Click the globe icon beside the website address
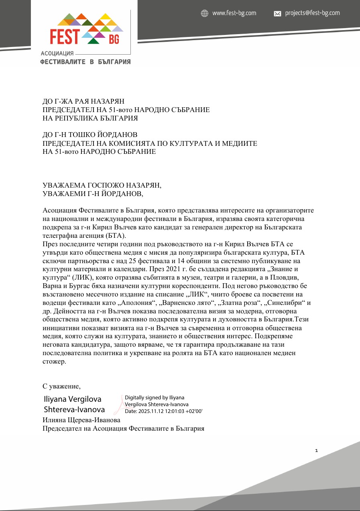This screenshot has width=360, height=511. pyautogui.click(x=205, y=13)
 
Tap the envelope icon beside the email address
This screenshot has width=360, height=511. pyautogui.click(x=277, y=14)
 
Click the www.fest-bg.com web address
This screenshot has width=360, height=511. pyautogui.click(x=234, y=13)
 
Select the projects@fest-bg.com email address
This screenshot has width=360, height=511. pyautogui.click(x=312, y=13)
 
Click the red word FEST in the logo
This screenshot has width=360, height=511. pyautogui.click(x=64, y=37)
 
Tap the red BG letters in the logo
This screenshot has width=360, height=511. pyautogui.click(x=114, y=39)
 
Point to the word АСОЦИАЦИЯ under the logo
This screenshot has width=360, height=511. pyautogui.click(x=57, y=53)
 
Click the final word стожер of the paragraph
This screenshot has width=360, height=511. pyautogui.click(x=54, y=361)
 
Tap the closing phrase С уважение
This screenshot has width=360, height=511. pyautogui.click(x=61, y=386)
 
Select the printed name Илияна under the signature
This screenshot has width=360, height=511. pyautogui.click(x=57, y=420)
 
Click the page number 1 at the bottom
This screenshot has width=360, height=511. pyautogui.click(x=316, y=451)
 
